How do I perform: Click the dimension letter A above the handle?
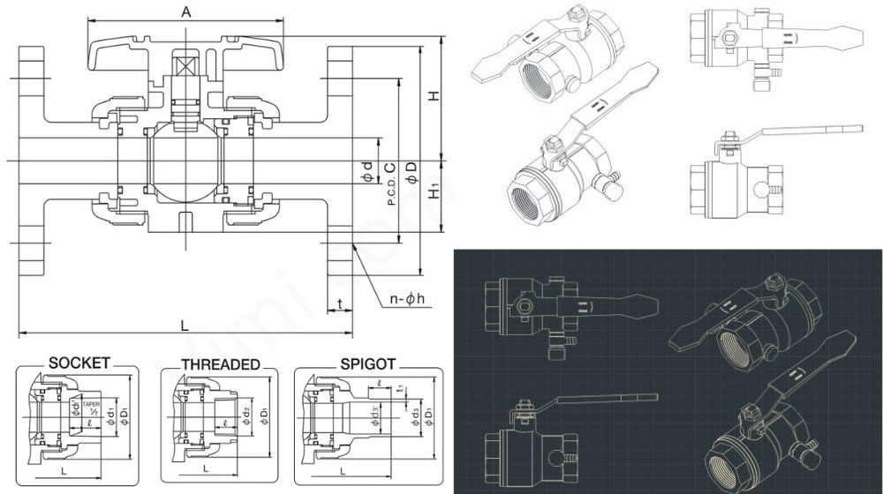pos(186,11)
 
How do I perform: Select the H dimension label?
pos(434,96)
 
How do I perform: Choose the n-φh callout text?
pos(408,299)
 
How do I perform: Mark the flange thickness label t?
pos(340,304)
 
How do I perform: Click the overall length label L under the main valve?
pos(185,326)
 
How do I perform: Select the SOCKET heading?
pos(79,363)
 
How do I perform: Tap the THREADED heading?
pos(220,364)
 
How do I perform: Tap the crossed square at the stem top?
pos(186,67)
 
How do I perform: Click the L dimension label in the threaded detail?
pos(206,468)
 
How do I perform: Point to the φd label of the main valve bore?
pos(367,172)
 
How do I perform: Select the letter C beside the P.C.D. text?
pos(390,167)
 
